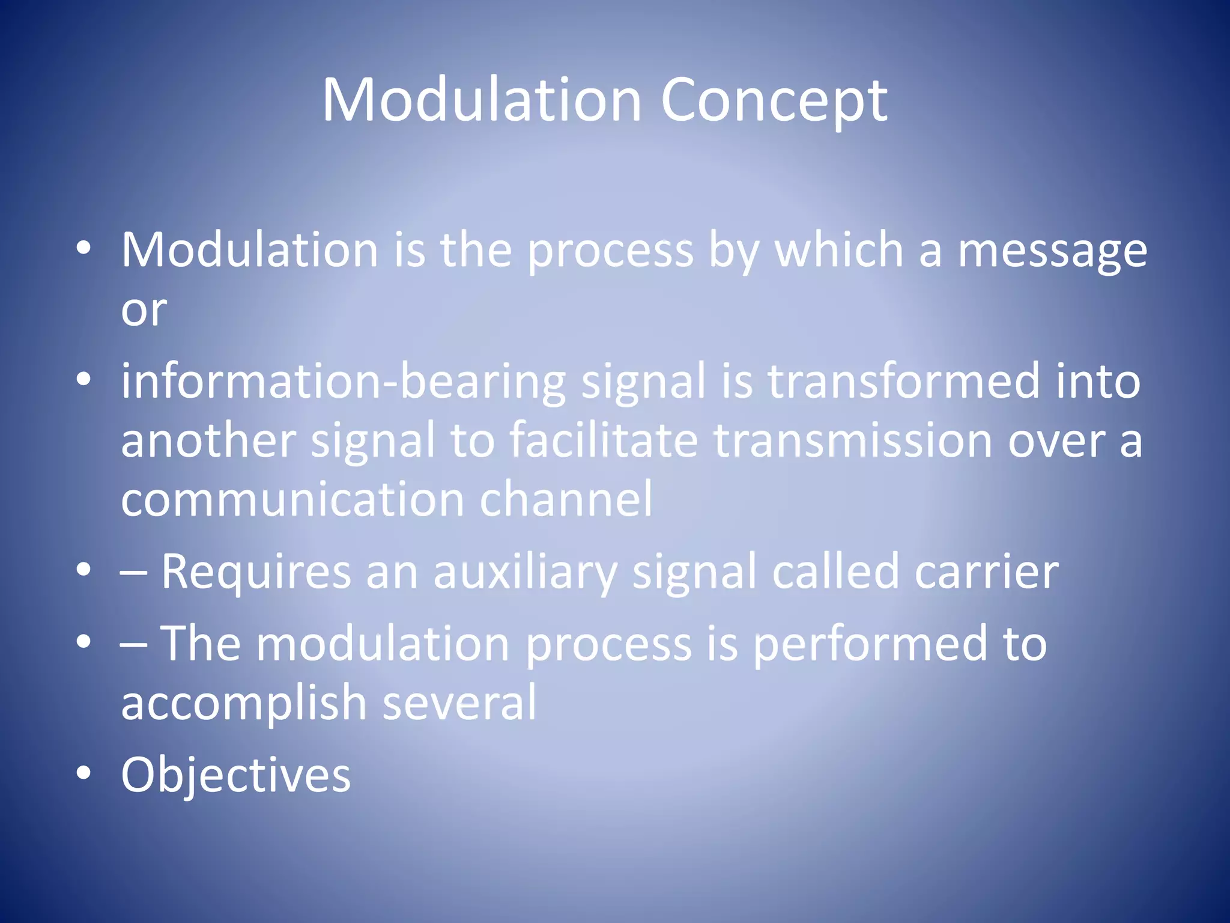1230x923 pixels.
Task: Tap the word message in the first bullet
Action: click(1052, 251)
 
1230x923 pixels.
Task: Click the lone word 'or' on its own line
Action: click(144, 311)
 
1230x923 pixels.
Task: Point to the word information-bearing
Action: click(344, 382)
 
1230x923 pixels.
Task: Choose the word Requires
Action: click(256, 572)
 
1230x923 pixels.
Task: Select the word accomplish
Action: click(243, 703)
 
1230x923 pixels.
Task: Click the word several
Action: click(459, 703)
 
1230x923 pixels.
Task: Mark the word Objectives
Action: click(235, 775)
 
